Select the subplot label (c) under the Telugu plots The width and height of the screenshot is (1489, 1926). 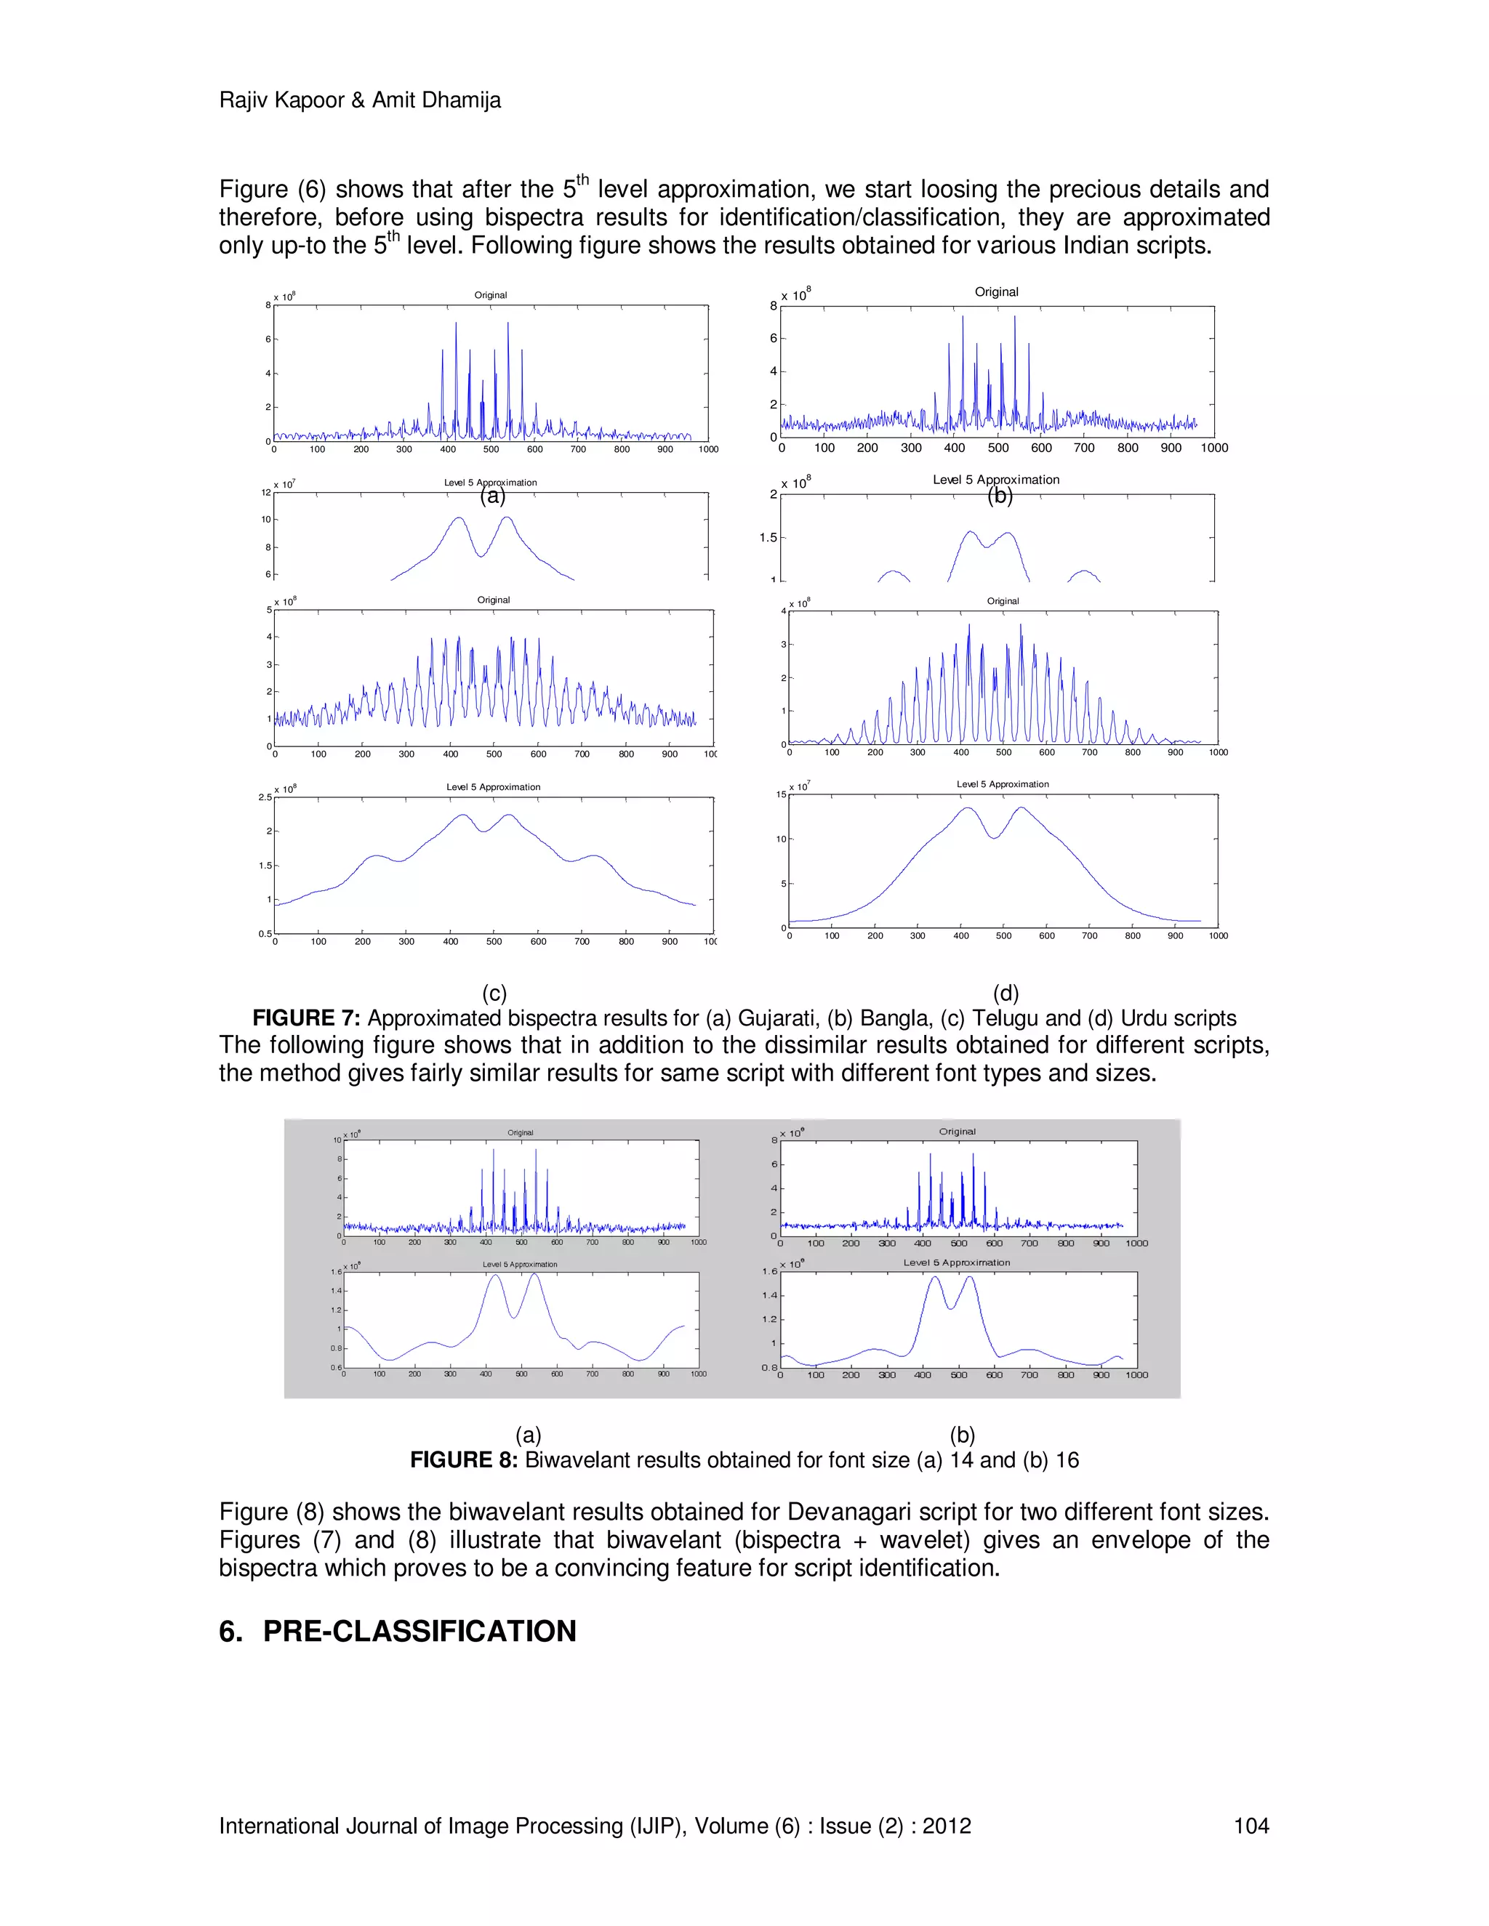coord(494,994)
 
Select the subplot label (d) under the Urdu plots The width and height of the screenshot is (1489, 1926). coord(1006,994)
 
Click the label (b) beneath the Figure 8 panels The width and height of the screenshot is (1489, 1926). coord(963,1435)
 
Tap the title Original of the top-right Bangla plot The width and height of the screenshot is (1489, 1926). coord(996,292)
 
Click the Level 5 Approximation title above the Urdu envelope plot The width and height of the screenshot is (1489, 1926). coord(1002,784)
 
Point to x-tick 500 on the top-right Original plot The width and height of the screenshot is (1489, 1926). coord(998,448)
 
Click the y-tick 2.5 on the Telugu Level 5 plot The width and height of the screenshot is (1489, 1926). coord(265,797)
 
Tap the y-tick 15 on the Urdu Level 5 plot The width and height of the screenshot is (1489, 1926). coord(781,794)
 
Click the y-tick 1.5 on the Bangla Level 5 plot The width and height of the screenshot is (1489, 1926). coord(768,537)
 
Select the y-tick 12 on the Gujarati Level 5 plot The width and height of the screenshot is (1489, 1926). coord(265,492)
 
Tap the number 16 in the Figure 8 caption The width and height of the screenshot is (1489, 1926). coord(1067,1460)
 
